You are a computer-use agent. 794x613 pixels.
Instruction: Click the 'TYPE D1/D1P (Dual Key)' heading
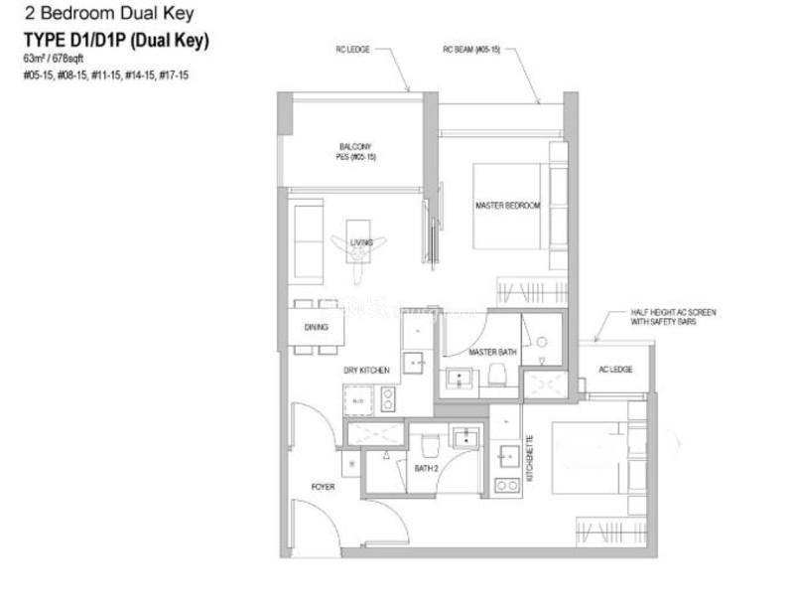116,41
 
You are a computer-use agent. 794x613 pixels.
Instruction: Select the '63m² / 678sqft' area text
55,60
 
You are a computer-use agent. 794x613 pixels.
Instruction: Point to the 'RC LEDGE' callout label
354,49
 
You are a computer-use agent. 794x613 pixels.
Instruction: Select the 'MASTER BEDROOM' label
507,206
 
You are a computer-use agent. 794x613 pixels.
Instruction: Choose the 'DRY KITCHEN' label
366,371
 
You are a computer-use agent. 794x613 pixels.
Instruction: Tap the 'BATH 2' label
427,467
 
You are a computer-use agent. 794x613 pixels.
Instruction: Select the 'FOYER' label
323,487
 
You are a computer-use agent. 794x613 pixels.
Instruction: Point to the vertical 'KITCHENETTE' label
530,458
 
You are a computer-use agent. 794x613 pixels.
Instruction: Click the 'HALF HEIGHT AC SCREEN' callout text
673,312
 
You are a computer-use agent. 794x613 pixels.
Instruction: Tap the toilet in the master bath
497,375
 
